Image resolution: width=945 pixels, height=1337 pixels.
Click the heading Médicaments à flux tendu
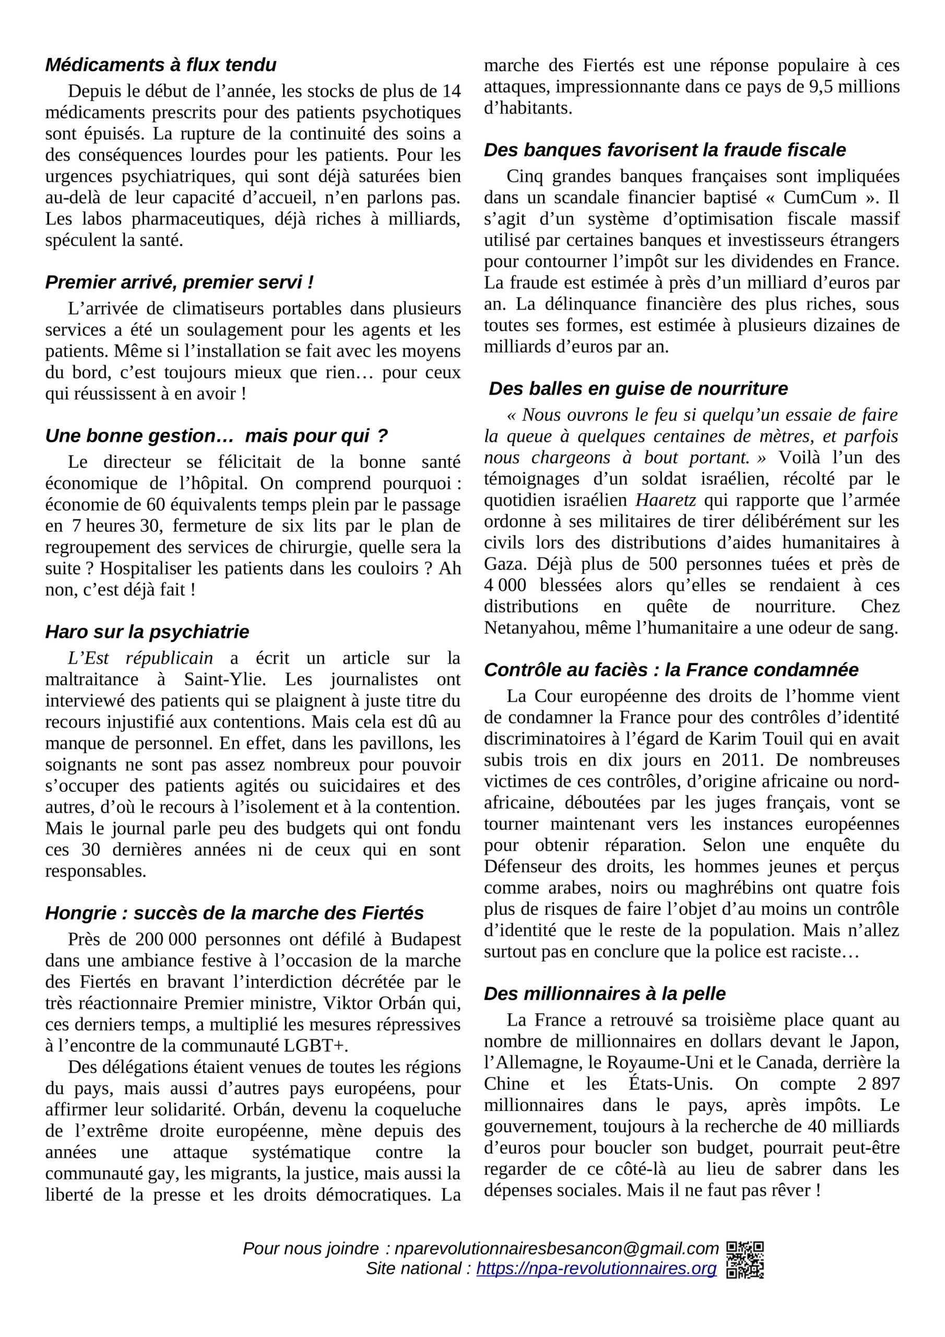(x=161, y=65)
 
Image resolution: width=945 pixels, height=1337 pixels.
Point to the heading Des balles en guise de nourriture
(x=638, y=389)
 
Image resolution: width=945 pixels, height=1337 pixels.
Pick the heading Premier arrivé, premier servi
(x=179, y=283)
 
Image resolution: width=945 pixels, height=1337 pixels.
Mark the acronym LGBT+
(x=315, y=1045)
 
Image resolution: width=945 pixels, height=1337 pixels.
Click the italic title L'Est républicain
(x=140, y=658)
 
